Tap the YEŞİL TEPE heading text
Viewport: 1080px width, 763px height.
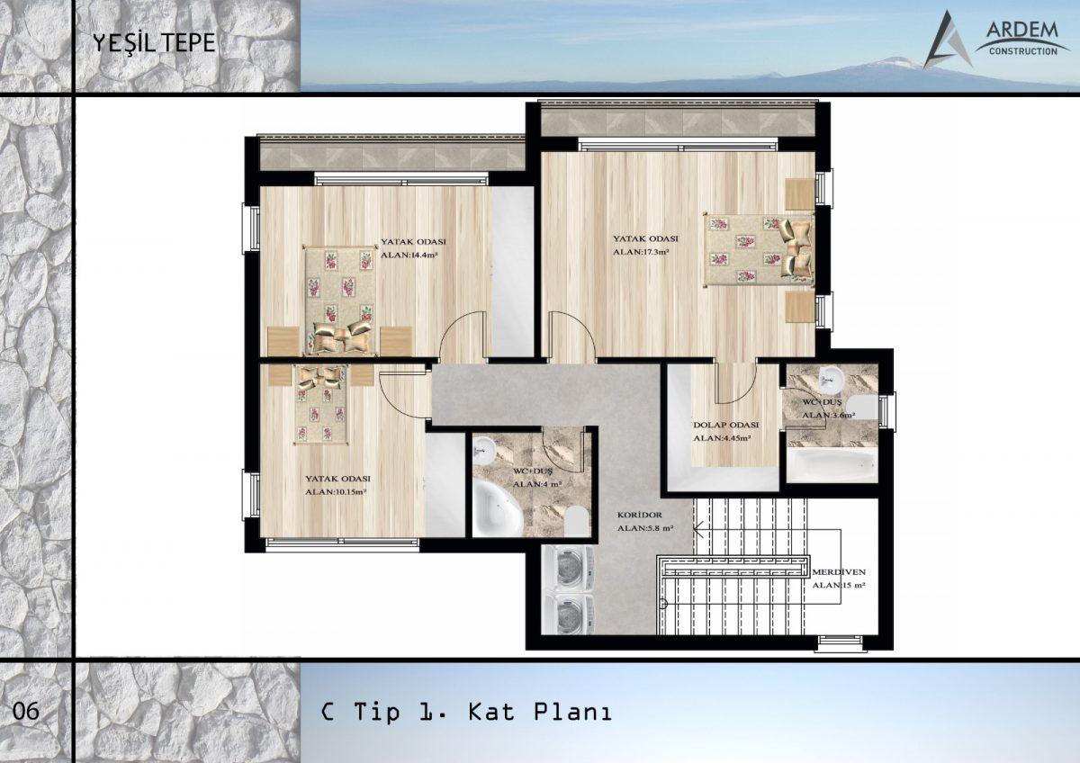(x=154, y=43)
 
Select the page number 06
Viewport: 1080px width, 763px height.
(x=25, y=711)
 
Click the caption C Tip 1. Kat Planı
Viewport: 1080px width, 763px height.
(x=466, y=712)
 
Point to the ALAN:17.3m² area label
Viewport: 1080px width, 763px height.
(x=641, y=252)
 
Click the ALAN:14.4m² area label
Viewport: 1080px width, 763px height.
(x=409, y=255)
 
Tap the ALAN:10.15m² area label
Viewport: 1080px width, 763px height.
(x=336, y=492)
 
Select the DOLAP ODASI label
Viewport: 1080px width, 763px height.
(x=725, y=425)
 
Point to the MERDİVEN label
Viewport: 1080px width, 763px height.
(x=839, y=572)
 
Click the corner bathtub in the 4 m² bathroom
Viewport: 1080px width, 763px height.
(x=497, y=508)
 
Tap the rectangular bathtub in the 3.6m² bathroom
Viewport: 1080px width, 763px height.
(x=832, y=464)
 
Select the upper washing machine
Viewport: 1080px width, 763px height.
(x=568, y=570)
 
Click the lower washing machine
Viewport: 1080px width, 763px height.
(x=568, y=614)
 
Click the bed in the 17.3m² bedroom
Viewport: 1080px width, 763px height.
(x=760, y=249)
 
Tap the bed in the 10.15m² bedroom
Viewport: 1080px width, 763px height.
(x=321, y=404)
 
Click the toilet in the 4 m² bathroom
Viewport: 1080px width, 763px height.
(x=578, y=521)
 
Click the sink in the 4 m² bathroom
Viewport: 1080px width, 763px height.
(x=483, y=452)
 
